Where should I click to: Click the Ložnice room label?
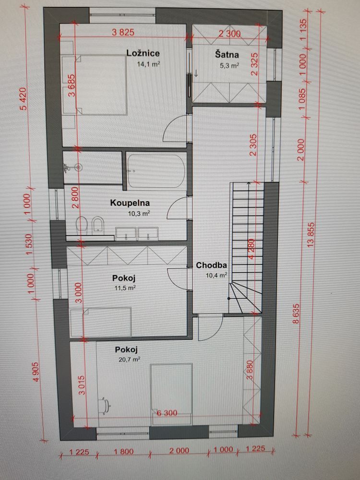(x=143, y=53)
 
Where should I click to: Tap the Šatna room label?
(x=227, y=55)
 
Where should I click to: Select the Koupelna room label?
(x=130, y=203)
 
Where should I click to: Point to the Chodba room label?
(x=212, y=265)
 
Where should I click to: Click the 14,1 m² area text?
(x=149, y=64)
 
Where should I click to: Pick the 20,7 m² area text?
(x=129, y=360)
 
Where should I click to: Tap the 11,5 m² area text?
(x=125, y=288)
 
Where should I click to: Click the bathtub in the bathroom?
(x=156, y=171)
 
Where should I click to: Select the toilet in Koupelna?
(x=82, y=224)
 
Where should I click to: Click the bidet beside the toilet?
(x=98, y=224)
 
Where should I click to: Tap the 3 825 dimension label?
(x=123, y=33)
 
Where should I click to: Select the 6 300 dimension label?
(x=167, y=413)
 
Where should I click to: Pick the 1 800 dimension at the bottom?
(x=124, y=452)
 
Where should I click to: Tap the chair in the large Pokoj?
(x=104, y=406)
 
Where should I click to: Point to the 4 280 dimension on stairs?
(x=251, y=249)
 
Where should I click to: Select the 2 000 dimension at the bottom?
(x=180, y=451)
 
